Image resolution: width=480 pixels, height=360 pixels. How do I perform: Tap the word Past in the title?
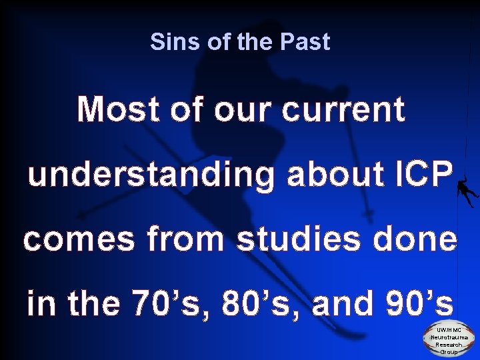click(305, 42)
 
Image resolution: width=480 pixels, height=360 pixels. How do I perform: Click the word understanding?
click(150, 175)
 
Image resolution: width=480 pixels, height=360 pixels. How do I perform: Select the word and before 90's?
click(341, 303)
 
